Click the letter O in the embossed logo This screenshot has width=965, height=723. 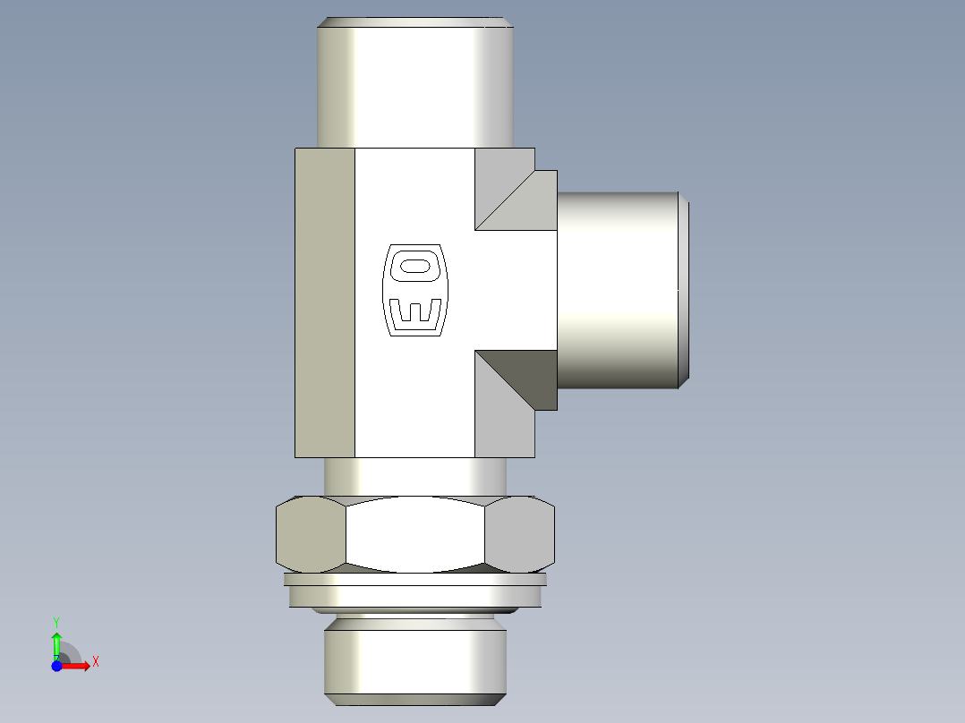tap(414, 266)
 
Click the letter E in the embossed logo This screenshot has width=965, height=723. tap(415, 312)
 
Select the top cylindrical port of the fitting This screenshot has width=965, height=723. tap(415, 85)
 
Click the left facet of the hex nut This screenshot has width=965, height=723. tap(311, 534)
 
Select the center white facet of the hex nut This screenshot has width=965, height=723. tap(415, 534)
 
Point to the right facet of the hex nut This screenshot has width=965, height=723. tap(519, 534)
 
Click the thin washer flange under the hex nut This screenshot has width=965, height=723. tap(414, 591)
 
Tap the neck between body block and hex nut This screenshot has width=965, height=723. tap(415, 477)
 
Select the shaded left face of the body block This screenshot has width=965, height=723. tap(325, 302)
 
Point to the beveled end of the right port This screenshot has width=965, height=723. tap(684, 290)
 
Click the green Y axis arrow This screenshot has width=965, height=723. tap(56, 642)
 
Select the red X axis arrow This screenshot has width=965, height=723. tap(77, 666)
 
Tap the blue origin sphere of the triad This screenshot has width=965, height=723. tap(57, 666)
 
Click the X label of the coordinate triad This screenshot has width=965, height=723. tap(95, 662)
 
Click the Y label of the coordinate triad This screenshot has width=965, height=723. tap(56, 620)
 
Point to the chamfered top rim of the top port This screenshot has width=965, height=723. tap(415, 22)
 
